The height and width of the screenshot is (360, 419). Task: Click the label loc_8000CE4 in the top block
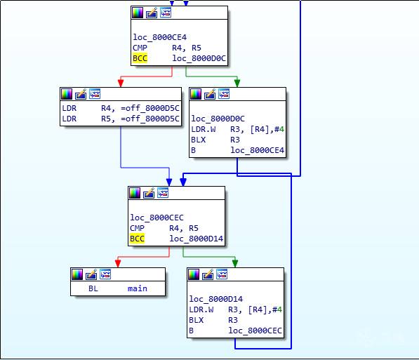tap(160, 37)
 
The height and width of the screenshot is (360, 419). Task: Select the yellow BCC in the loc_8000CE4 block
tap(140, 58)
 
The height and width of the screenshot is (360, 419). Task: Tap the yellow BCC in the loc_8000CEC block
tap(137, 239)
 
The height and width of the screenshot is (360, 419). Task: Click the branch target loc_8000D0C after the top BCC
tap(199, 58)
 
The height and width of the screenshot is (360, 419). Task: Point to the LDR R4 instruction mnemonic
tap(69, 108)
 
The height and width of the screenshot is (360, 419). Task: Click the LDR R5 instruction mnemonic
tap(69, 119)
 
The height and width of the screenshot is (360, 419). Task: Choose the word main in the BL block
tap(138, 288)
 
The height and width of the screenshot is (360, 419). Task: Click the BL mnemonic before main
tap(93, 288)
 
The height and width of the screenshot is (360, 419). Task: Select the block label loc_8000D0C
tap(218, 119)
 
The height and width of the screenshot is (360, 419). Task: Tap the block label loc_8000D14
tap(216, 299)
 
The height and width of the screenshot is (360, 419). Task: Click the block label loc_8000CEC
tap(157, 218)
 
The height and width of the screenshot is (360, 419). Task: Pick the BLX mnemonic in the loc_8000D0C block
tap(199, 140)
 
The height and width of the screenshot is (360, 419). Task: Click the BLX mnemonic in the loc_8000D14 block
tap(196, 320)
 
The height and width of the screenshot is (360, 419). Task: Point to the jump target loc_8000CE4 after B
tap(258, 150)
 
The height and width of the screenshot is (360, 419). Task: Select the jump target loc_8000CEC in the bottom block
tap(255, 331)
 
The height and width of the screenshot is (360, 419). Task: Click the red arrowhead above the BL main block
tap(118, 264)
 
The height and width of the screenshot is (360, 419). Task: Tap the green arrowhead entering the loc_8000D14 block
tap(235, 264)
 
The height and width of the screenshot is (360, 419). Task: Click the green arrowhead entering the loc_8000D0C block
tap(237, 83)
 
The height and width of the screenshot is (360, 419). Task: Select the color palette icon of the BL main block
tap(77, 274)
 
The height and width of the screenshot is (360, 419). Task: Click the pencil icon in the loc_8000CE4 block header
tap(152, 13)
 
